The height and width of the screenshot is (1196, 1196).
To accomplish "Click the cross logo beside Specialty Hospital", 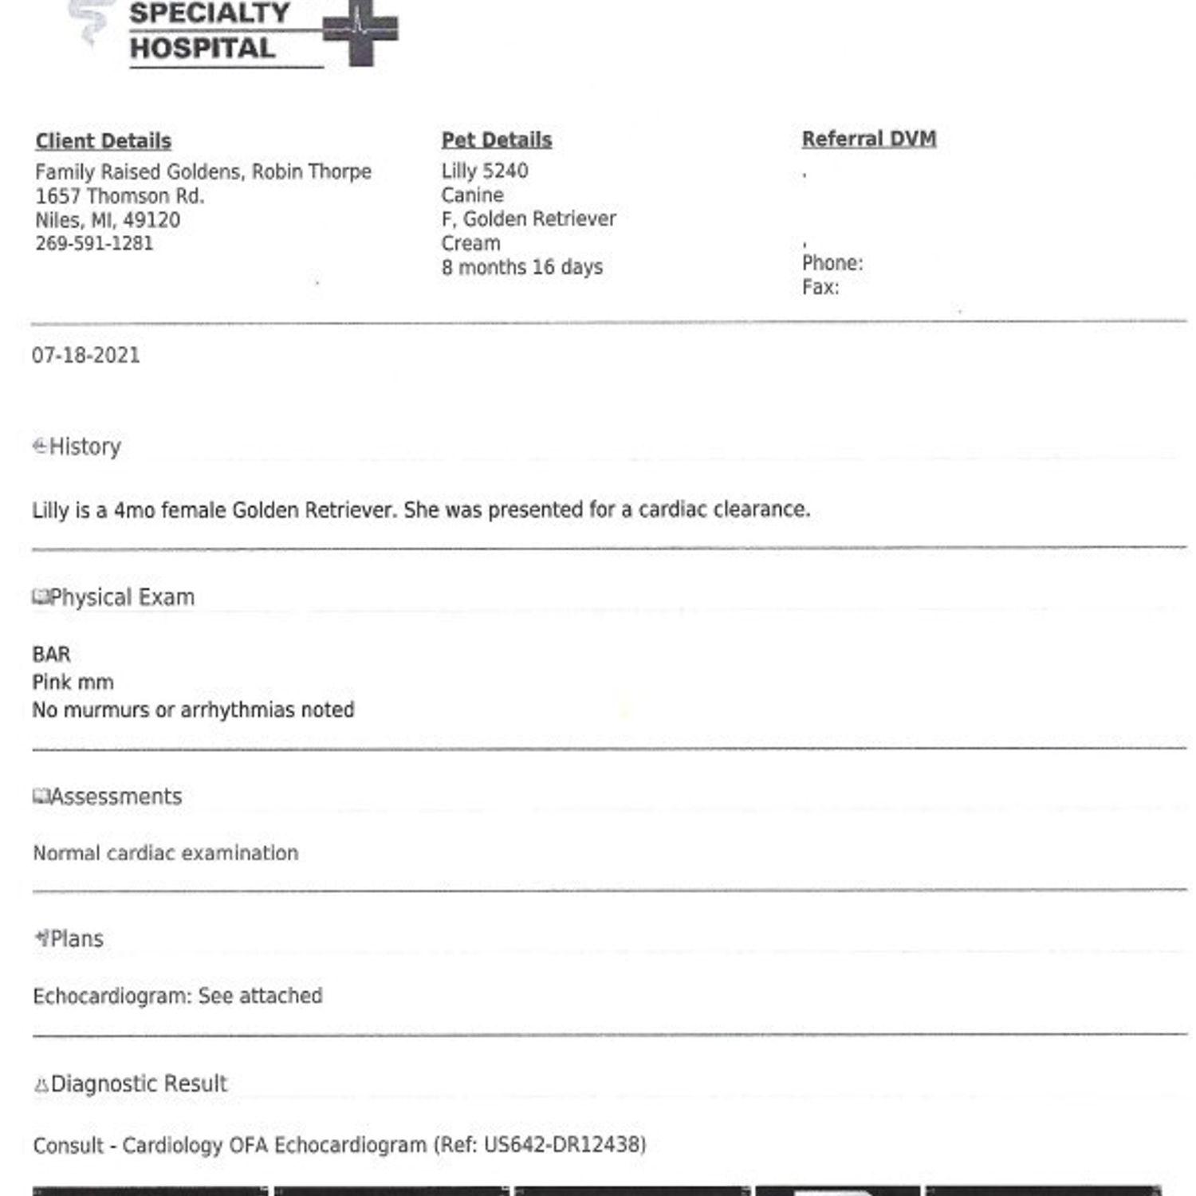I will point(360,32).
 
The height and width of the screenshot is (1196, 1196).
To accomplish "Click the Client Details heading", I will point(103,141).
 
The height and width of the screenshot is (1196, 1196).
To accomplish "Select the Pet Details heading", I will point(496,140).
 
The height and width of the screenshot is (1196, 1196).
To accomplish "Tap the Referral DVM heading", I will point(868,139).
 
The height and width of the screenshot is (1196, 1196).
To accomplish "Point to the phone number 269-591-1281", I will point(94,244).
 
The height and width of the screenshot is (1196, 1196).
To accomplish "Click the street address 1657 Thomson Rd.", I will point(120,196).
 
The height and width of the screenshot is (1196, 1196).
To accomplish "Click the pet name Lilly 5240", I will point(484,171).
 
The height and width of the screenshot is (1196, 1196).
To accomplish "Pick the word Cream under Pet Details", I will point(470,243).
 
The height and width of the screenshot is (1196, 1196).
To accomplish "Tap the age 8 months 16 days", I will point(521,267).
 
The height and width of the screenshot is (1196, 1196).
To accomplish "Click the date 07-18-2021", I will point(86,356).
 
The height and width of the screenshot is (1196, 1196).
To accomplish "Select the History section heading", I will point(85,447).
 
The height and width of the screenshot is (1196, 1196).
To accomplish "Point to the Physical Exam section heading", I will point(121,597).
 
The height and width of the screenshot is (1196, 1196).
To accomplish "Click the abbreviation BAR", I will point(51,655).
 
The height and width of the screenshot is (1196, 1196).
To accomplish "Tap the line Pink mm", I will point(73,683).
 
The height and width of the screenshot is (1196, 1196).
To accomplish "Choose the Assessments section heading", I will point(116,797).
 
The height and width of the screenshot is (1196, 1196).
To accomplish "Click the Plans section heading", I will point(77,939).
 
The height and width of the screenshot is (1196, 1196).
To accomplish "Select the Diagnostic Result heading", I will point(139,1084).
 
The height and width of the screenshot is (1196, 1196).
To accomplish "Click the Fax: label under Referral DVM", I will point(820,288).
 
